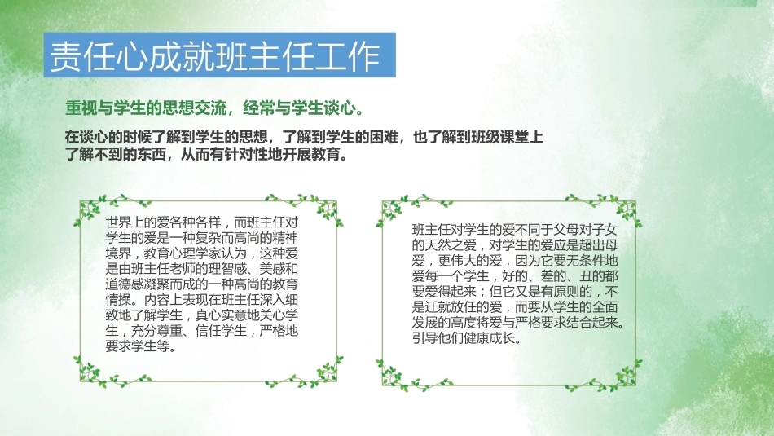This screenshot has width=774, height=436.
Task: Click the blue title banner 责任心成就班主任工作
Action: pos(220,55)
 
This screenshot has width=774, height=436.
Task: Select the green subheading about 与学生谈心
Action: pos(214,108)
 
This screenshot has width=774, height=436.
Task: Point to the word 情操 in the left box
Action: pos(118,300)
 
